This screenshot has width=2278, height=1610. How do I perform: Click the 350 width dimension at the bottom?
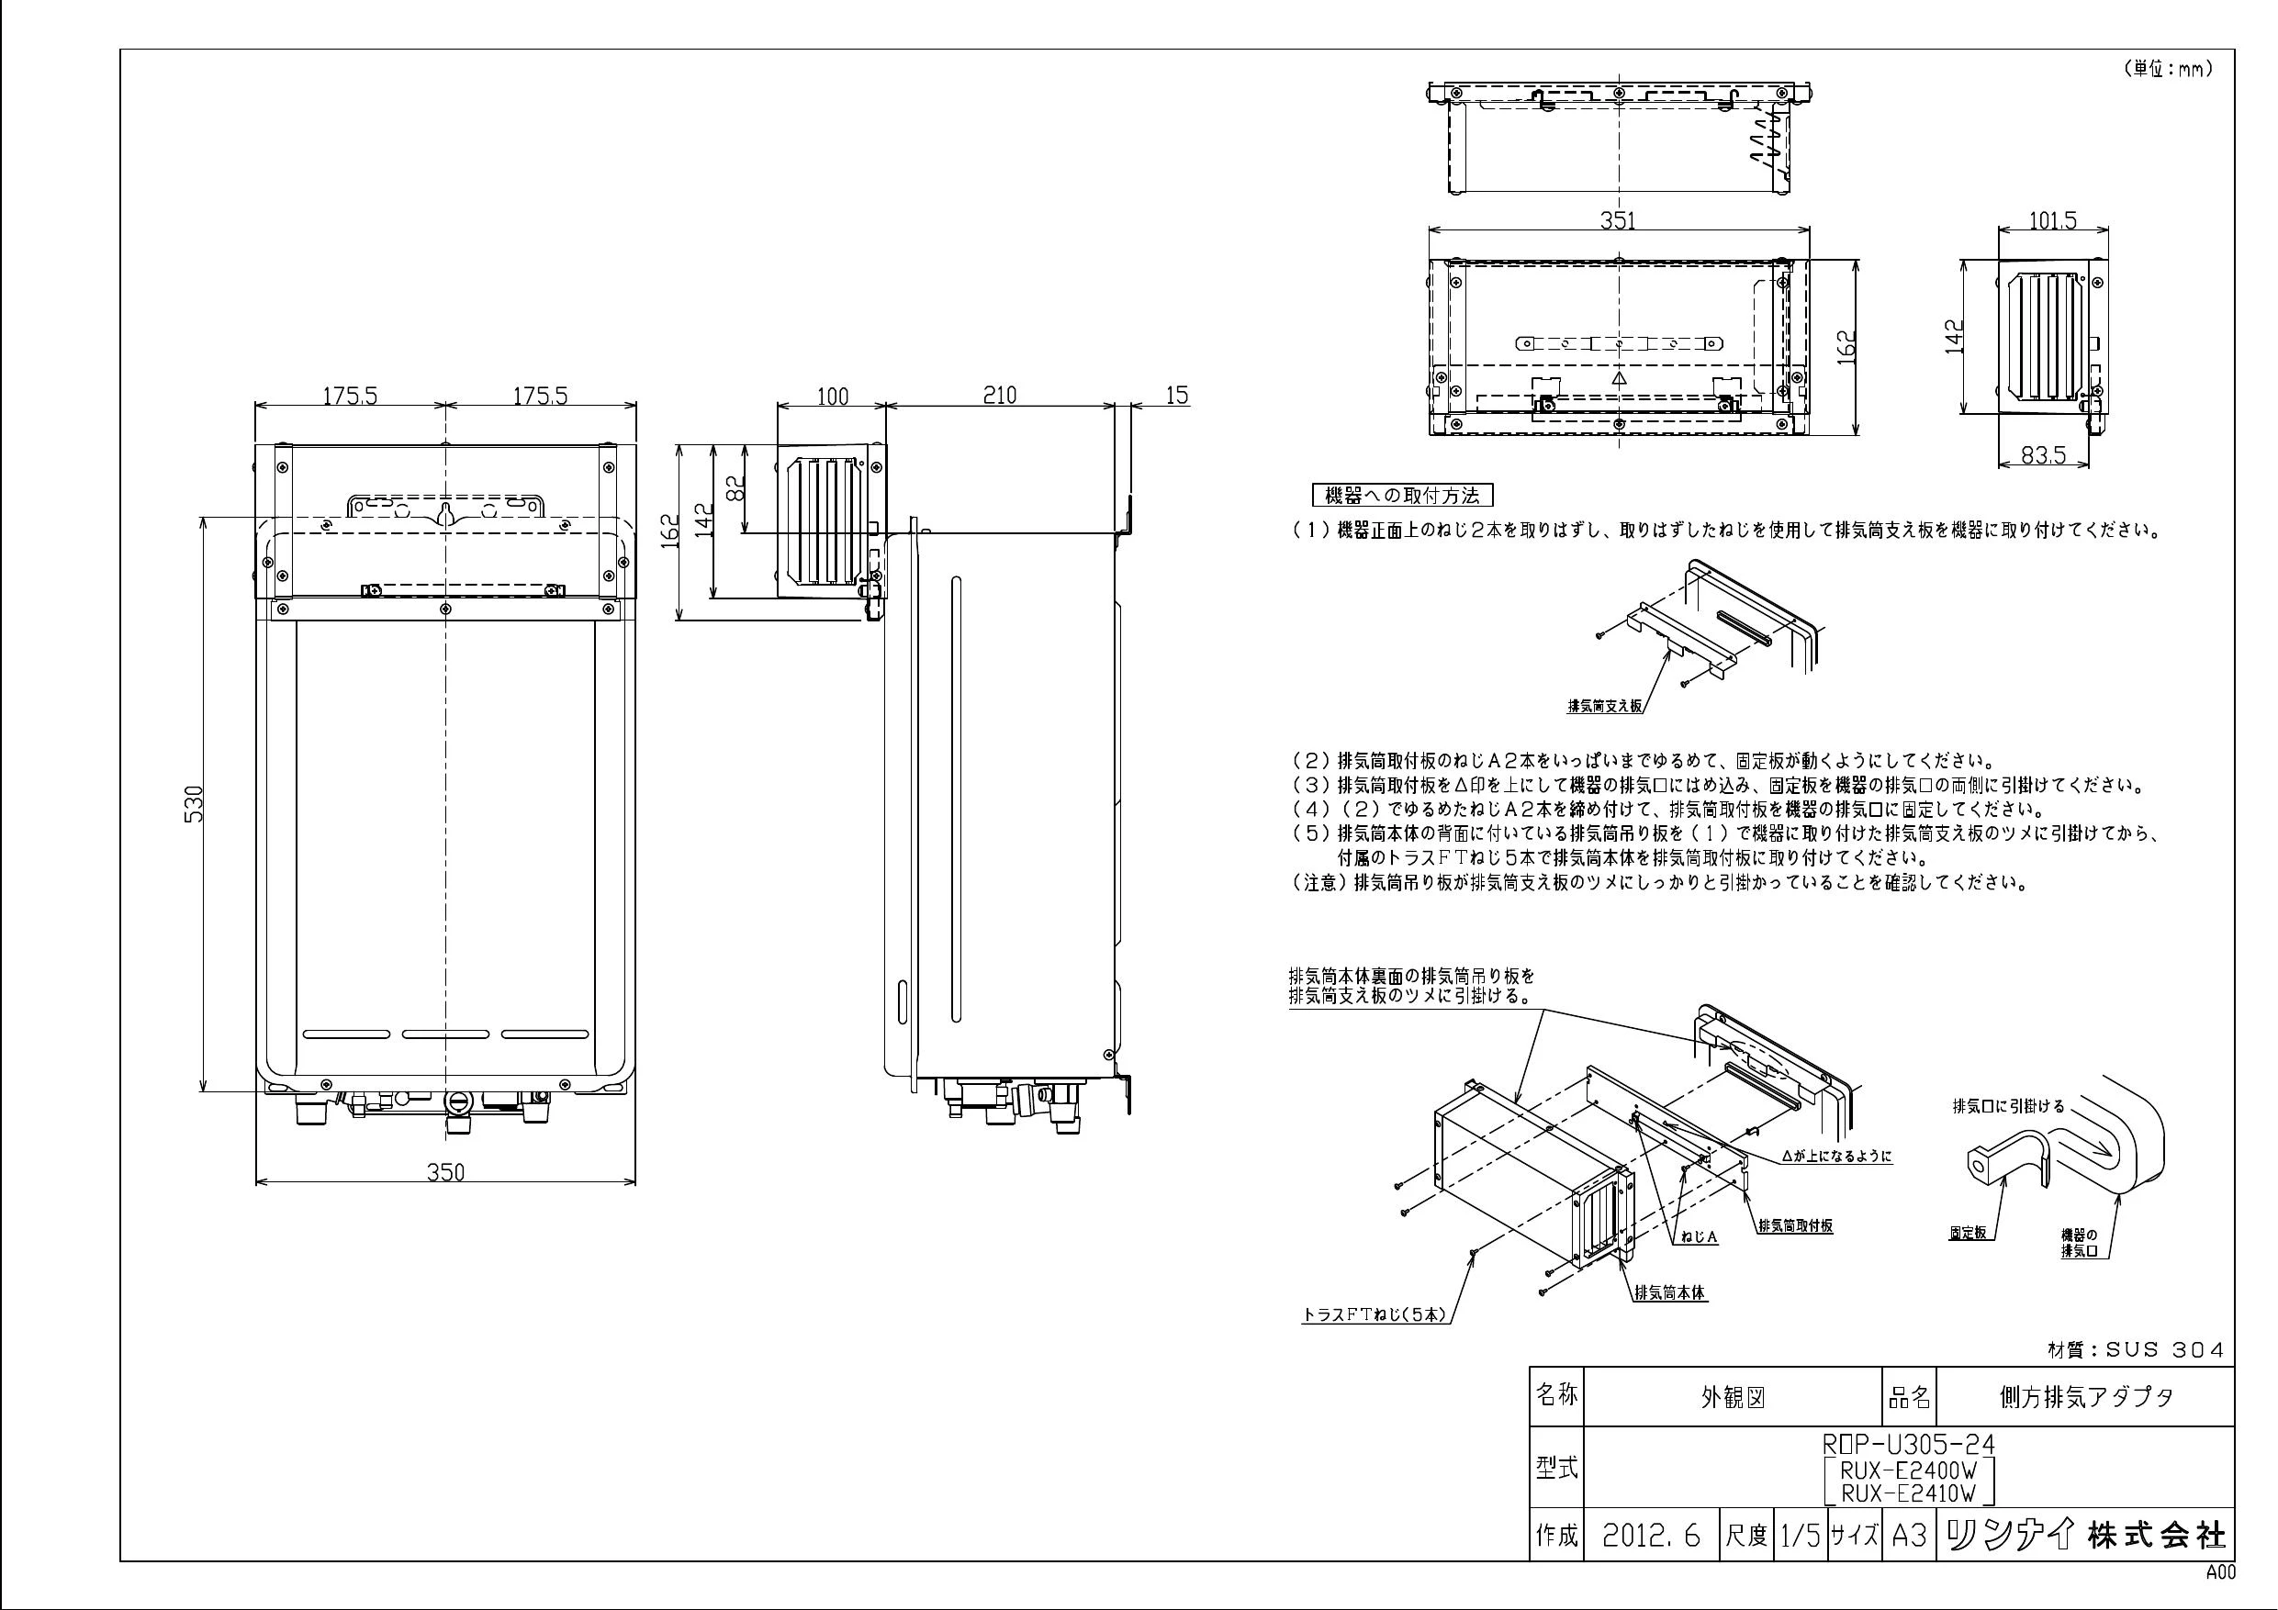click(445, 1171)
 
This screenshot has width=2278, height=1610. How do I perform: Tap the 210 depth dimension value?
click(999, 395)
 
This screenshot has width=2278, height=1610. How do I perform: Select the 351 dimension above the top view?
click(1617, 220)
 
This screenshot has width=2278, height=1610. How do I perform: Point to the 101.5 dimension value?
click(2052, 220)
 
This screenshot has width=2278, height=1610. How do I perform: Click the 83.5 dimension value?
click(2043, 454)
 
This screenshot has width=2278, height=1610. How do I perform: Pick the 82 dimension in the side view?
click(735, 488)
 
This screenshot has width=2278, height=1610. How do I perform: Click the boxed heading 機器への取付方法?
click(1402, 495)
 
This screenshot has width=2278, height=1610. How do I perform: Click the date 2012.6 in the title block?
click(1651, 1537)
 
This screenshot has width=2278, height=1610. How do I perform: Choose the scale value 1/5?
click(1799, 1537)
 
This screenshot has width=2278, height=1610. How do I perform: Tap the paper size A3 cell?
click(1908, 1537)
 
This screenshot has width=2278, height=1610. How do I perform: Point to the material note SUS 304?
click(2135, 1350)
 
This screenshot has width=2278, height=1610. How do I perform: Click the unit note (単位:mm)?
click(2169, 70)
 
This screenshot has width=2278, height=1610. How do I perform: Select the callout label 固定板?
click(1968, 1233)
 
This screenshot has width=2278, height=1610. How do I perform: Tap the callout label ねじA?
click(1699, 1238)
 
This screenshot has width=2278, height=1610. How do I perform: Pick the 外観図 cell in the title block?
click(1734, 1398)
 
